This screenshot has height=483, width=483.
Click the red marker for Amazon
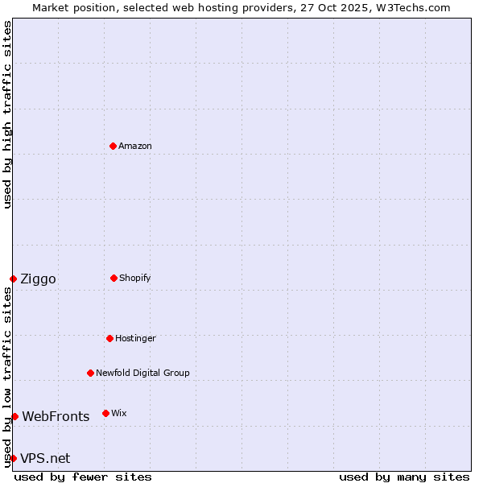coord(113,146)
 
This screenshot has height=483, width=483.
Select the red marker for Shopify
coord(114,278)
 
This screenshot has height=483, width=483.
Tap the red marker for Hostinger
coord(109,338)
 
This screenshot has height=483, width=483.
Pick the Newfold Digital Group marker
coord(90,373)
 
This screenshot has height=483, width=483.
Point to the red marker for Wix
coord(105,413)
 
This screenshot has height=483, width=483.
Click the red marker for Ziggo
coord(13,279)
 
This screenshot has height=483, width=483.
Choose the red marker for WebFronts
coord(14,416)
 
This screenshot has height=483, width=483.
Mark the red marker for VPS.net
coord(13,458)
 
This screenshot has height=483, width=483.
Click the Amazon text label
coord(135,146)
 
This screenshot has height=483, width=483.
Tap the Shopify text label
coord(135,278)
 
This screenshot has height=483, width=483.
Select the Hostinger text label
coord(135,338)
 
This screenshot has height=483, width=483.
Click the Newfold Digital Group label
coord(142,373)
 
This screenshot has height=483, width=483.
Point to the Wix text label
coord(119,413)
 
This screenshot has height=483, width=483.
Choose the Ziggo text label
coord(38,279)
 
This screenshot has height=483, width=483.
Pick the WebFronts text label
coord(56,417)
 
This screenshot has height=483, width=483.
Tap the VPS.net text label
coord(45,459)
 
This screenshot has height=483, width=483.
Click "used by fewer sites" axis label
coord(83,477)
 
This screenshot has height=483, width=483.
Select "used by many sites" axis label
coord(404,477)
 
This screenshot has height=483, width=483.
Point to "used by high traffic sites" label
coord(7,115)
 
